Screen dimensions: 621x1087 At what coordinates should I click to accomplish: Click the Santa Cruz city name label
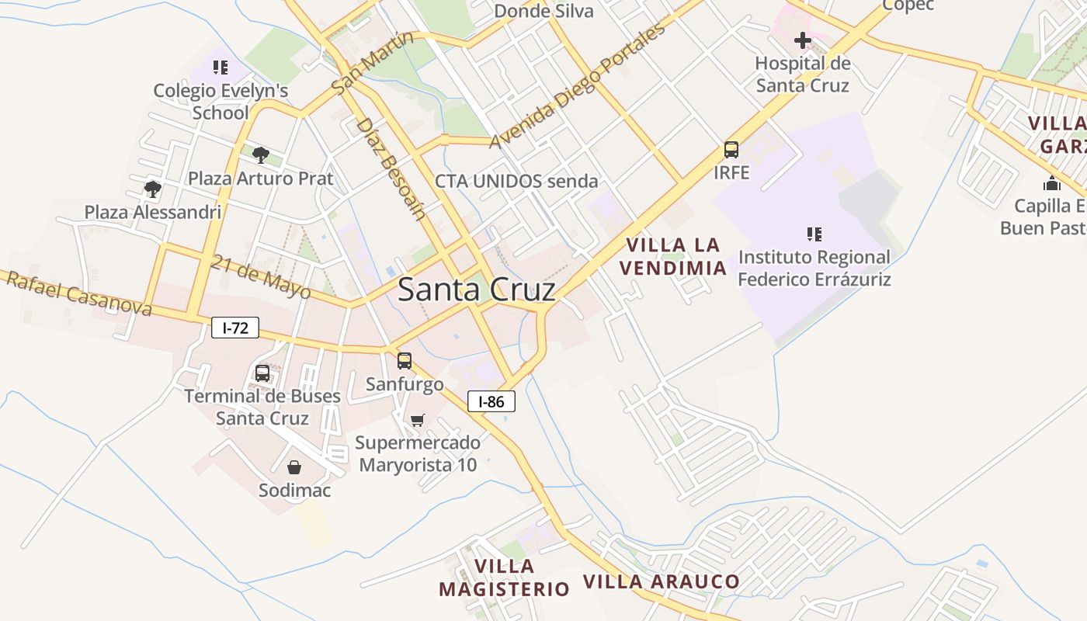click(x=476, y=290)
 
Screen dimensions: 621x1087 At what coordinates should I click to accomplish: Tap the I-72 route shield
click(x=234, y=328)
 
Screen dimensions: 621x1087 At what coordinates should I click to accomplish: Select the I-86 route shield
click(x=491, y=401)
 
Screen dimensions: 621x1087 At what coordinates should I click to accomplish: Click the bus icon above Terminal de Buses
click(x=262, y=373)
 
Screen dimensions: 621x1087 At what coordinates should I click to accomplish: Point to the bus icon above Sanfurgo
click(x=405, y=360)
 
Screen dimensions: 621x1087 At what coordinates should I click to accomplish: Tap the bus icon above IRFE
click(x=731, y=149)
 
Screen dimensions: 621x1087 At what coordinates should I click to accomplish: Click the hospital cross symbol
click(x=802, y=40)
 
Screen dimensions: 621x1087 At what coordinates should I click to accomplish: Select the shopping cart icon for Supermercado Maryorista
click(x=418, y=420)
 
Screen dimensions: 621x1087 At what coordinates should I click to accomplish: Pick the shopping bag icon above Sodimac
click(x=294, y=467)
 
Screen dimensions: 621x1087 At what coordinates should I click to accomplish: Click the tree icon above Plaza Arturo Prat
click(x=261, y=154)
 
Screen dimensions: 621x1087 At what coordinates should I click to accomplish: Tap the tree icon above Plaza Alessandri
click(x=152, y=188)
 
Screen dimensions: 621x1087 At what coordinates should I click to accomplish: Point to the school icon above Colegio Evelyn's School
click(x=221, y=68)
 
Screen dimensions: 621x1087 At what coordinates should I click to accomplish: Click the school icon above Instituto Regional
click(x=814, y=234)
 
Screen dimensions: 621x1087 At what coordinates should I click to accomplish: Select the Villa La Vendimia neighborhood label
click(x=675, y=257)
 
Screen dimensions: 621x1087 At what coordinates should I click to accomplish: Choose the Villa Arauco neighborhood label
click(x=662, y=581)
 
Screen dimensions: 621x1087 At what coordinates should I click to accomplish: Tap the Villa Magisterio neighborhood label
click(x=505, y=578)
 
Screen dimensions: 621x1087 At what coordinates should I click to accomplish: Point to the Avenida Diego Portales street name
click(x=578, y=85)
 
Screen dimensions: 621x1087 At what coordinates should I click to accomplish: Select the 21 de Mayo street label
click(x=260, y=277)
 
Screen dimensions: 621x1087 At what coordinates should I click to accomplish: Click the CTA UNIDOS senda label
click(x=516, y=182)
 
